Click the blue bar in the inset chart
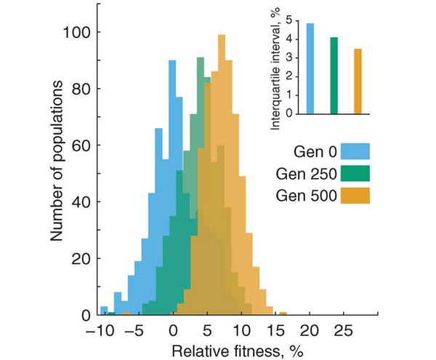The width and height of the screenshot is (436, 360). [310, 68]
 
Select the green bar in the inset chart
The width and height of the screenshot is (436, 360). [334, 76]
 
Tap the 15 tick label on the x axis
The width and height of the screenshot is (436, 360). [276, 329]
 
